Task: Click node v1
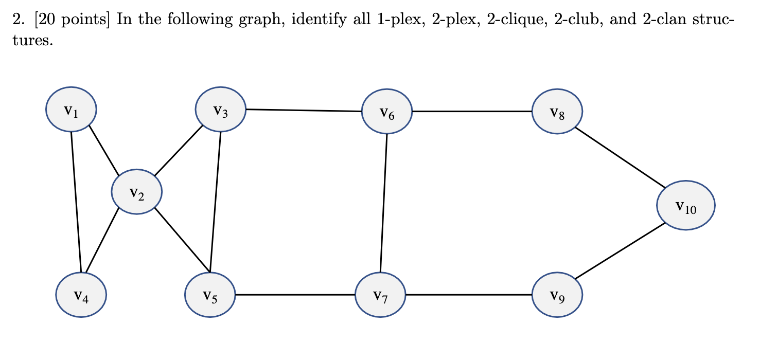tap(71, 110)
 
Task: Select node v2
tap(137, 192)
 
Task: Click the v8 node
tap(557, 112)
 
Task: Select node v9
tap(557, 295)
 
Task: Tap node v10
tap(685, 206)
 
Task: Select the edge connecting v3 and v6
tap(304, 110)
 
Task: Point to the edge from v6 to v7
tap(384, 203)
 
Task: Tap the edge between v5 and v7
tap(295, 295)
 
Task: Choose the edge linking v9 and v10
tap(620, 252)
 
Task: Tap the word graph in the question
tap(266, 21)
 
